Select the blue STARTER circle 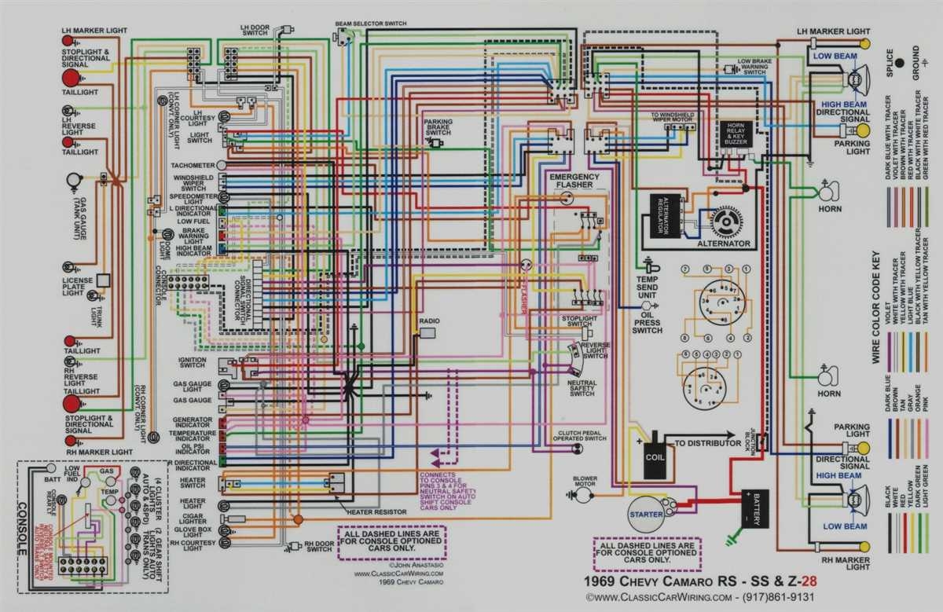(646, 515)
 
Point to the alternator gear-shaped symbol (726, 223)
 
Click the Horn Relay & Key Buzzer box (736, 136)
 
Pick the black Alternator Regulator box (658, 214)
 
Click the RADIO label (429, 321)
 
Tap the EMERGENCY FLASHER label (574, 181)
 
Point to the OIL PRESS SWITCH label (647, 321)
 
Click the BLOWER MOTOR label (585, 482)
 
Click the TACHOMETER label (192, 166)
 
